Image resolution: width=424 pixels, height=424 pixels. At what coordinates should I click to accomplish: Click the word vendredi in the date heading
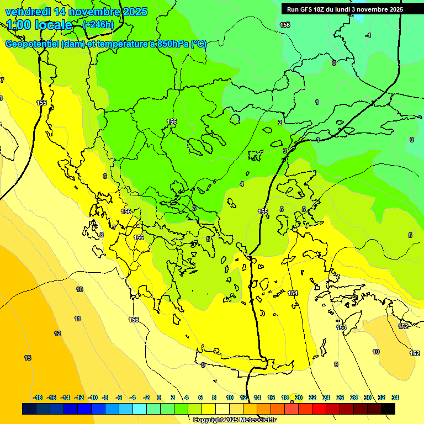(27, 12)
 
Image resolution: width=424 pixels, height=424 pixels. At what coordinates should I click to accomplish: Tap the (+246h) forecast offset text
(98, 24)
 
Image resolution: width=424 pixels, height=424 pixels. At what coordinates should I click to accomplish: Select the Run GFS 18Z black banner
(345, 9)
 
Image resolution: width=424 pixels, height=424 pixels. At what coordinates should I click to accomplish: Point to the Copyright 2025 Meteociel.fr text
(234, 420)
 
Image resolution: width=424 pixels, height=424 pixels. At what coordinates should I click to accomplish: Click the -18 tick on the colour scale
(38, 397)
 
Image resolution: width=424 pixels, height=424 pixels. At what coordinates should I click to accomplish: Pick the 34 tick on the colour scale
(395, 397)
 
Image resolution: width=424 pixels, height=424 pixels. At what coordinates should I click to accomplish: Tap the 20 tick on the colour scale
(299, 397)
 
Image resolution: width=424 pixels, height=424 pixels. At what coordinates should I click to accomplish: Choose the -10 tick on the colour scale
(93, 397)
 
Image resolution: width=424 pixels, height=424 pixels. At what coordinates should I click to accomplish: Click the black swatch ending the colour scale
(388, 409)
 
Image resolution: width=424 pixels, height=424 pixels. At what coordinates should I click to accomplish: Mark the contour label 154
(293, 293)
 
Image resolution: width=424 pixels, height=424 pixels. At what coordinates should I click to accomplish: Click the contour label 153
(341, 328)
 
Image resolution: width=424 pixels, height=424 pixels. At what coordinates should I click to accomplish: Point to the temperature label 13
(28, 358)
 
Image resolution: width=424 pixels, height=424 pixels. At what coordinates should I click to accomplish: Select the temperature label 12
(57, 333)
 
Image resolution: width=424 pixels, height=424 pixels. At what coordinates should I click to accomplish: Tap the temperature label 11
(77, 319)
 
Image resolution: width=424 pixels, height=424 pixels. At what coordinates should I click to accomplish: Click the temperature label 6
(104, 176)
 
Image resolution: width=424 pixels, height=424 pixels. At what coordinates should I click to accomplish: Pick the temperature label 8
(101, 235)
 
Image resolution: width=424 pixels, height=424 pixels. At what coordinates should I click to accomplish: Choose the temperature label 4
(242, 184)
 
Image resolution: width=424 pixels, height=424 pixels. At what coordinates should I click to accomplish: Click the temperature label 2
(280, 123)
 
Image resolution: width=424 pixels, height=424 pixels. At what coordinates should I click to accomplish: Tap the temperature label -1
(368, 35)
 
